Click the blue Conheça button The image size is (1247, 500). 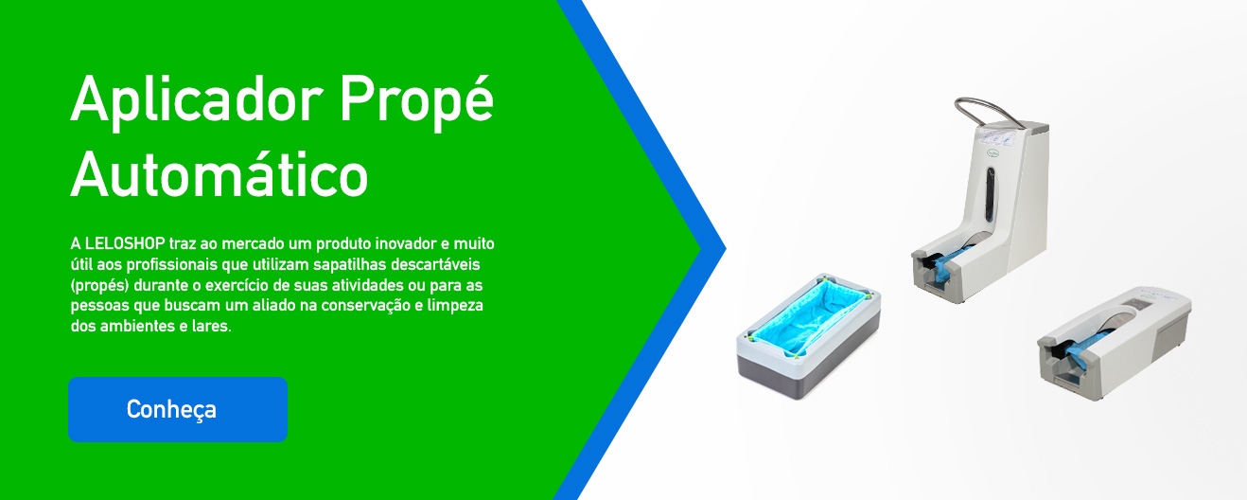coord(178,409)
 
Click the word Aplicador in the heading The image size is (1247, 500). coord(197,99)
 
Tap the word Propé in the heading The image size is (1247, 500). coord(416,100)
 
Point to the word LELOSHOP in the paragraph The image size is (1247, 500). coord(125,243)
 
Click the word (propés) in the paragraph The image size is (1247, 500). coord(99,285)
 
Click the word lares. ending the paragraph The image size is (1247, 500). coord(212,326)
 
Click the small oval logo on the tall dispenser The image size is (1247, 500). coord(993,152)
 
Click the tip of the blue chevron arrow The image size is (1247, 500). coord(726,249)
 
